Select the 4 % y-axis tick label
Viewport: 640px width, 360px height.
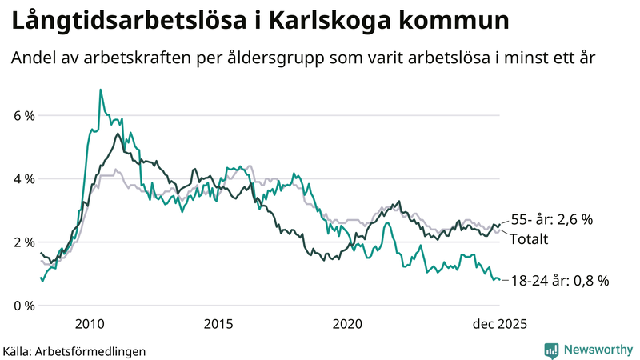(x=24, y=178)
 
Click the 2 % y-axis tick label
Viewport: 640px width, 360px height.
(x=24, y=242)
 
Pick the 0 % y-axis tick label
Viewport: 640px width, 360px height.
(x=24, y=305)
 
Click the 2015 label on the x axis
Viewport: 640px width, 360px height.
(x=218, y=324)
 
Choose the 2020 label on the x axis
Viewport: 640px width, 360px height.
(x=347, y=324)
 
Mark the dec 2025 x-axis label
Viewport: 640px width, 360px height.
(x=498, y=324)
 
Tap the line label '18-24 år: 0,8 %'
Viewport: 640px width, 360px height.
(x=559, y=280)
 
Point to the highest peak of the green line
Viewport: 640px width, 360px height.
(x=100, y=90)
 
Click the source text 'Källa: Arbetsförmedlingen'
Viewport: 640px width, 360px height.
(x=74, y=350)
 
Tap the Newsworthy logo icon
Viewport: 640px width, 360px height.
(x=552, y=350)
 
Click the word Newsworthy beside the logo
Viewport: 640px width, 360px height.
(x=598, y=350)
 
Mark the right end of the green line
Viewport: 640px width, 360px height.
(x=500, y=280)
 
